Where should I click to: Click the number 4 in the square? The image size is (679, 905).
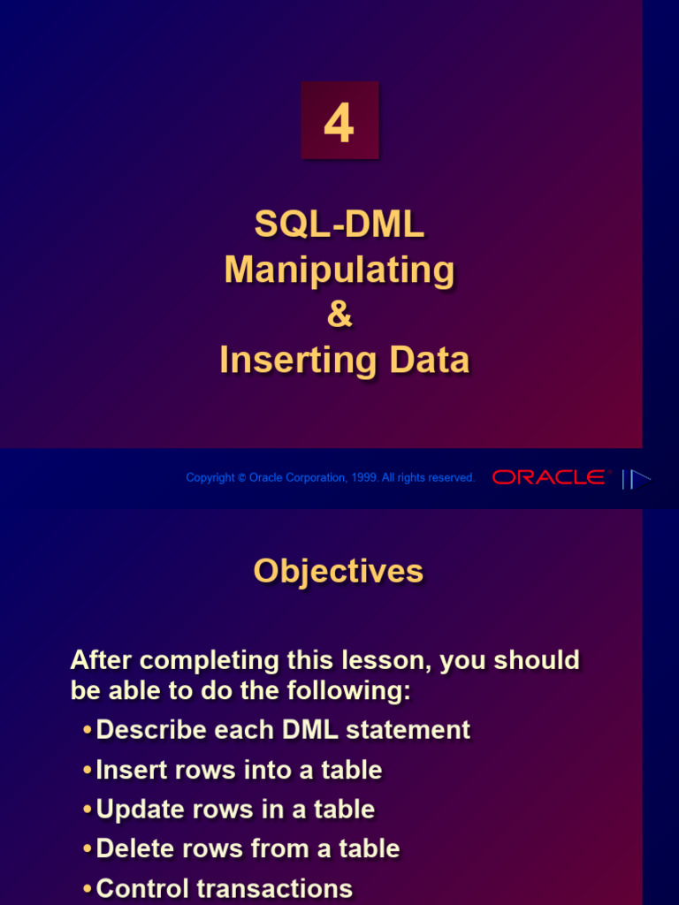[339, 123]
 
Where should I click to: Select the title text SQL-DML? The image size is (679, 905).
[339, 224]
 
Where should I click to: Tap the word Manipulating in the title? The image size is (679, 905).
[339, 270]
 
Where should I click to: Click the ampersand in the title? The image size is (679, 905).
[339, 314]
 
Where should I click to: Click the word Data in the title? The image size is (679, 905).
[430, 360]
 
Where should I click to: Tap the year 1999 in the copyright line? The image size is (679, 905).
[363, 477]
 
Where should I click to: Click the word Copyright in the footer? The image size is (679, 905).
[210, 478]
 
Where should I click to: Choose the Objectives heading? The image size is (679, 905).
[339, 572]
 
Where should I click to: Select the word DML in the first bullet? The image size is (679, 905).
[310, 730]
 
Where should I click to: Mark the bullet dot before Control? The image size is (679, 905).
[88, 889]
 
